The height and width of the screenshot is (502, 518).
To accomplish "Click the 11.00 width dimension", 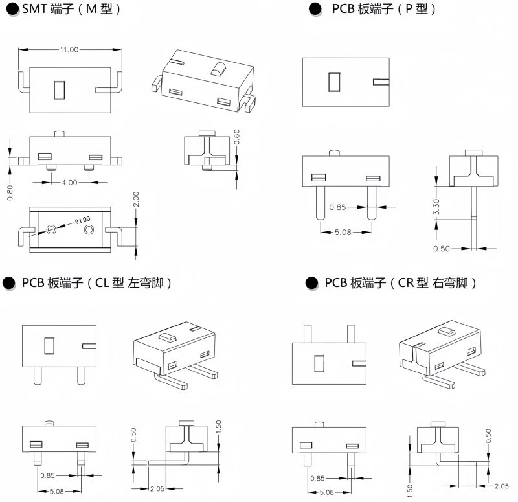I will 69,50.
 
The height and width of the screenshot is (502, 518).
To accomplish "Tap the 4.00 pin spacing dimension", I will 69,183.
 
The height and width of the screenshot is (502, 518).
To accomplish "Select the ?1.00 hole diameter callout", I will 82,220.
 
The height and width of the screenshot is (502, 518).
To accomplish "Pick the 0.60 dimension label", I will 237,137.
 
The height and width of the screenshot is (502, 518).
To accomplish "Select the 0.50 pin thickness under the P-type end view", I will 442,248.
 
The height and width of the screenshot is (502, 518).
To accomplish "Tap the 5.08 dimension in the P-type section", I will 343,233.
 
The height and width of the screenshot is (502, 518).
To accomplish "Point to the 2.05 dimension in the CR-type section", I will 501,486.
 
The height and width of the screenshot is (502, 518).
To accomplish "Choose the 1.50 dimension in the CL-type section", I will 219,427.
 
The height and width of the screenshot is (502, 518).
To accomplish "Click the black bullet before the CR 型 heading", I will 312,283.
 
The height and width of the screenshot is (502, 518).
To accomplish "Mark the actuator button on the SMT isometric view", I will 218,67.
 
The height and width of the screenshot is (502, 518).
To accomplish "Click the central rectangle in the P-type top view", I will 334,82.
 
